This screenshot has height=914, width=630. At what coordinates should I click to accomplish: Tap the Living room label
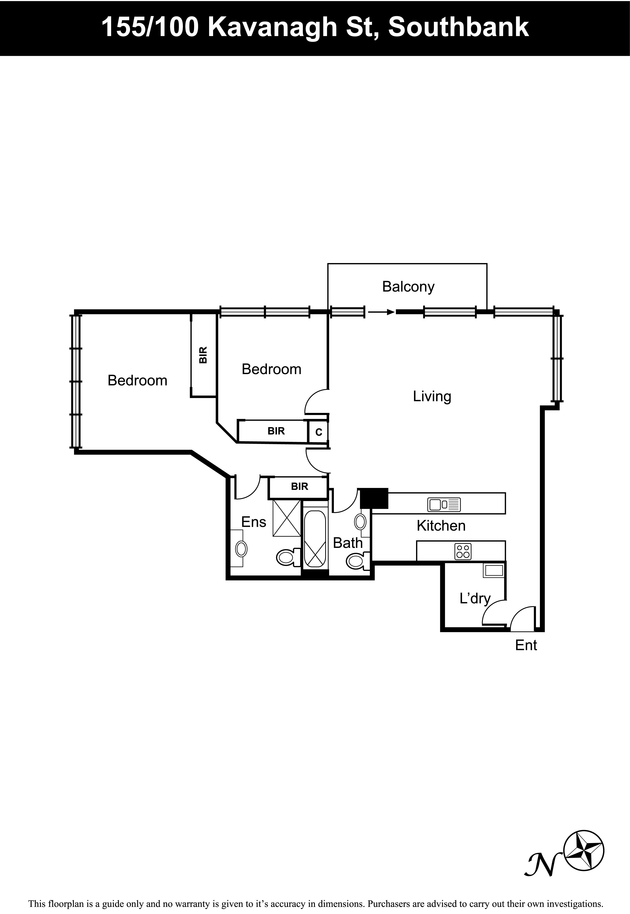432,396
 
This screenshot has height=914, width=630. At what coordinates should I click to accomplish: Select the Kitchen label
441,526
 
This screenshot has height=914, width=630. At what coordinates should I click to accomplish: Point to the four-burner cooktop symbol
463,551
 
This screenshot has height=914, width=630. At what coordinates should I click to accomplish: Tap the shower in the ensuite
287,518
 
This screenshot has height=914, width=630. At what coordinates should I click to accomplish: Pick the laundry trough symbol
494,570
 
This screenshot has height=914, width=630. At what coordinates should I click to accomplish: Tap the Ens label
254,522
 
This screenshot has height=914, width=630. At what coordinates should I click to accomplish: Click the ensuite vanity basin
241,549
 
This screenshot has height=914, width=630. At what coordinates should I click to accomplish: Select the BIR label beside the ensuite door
300,487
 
